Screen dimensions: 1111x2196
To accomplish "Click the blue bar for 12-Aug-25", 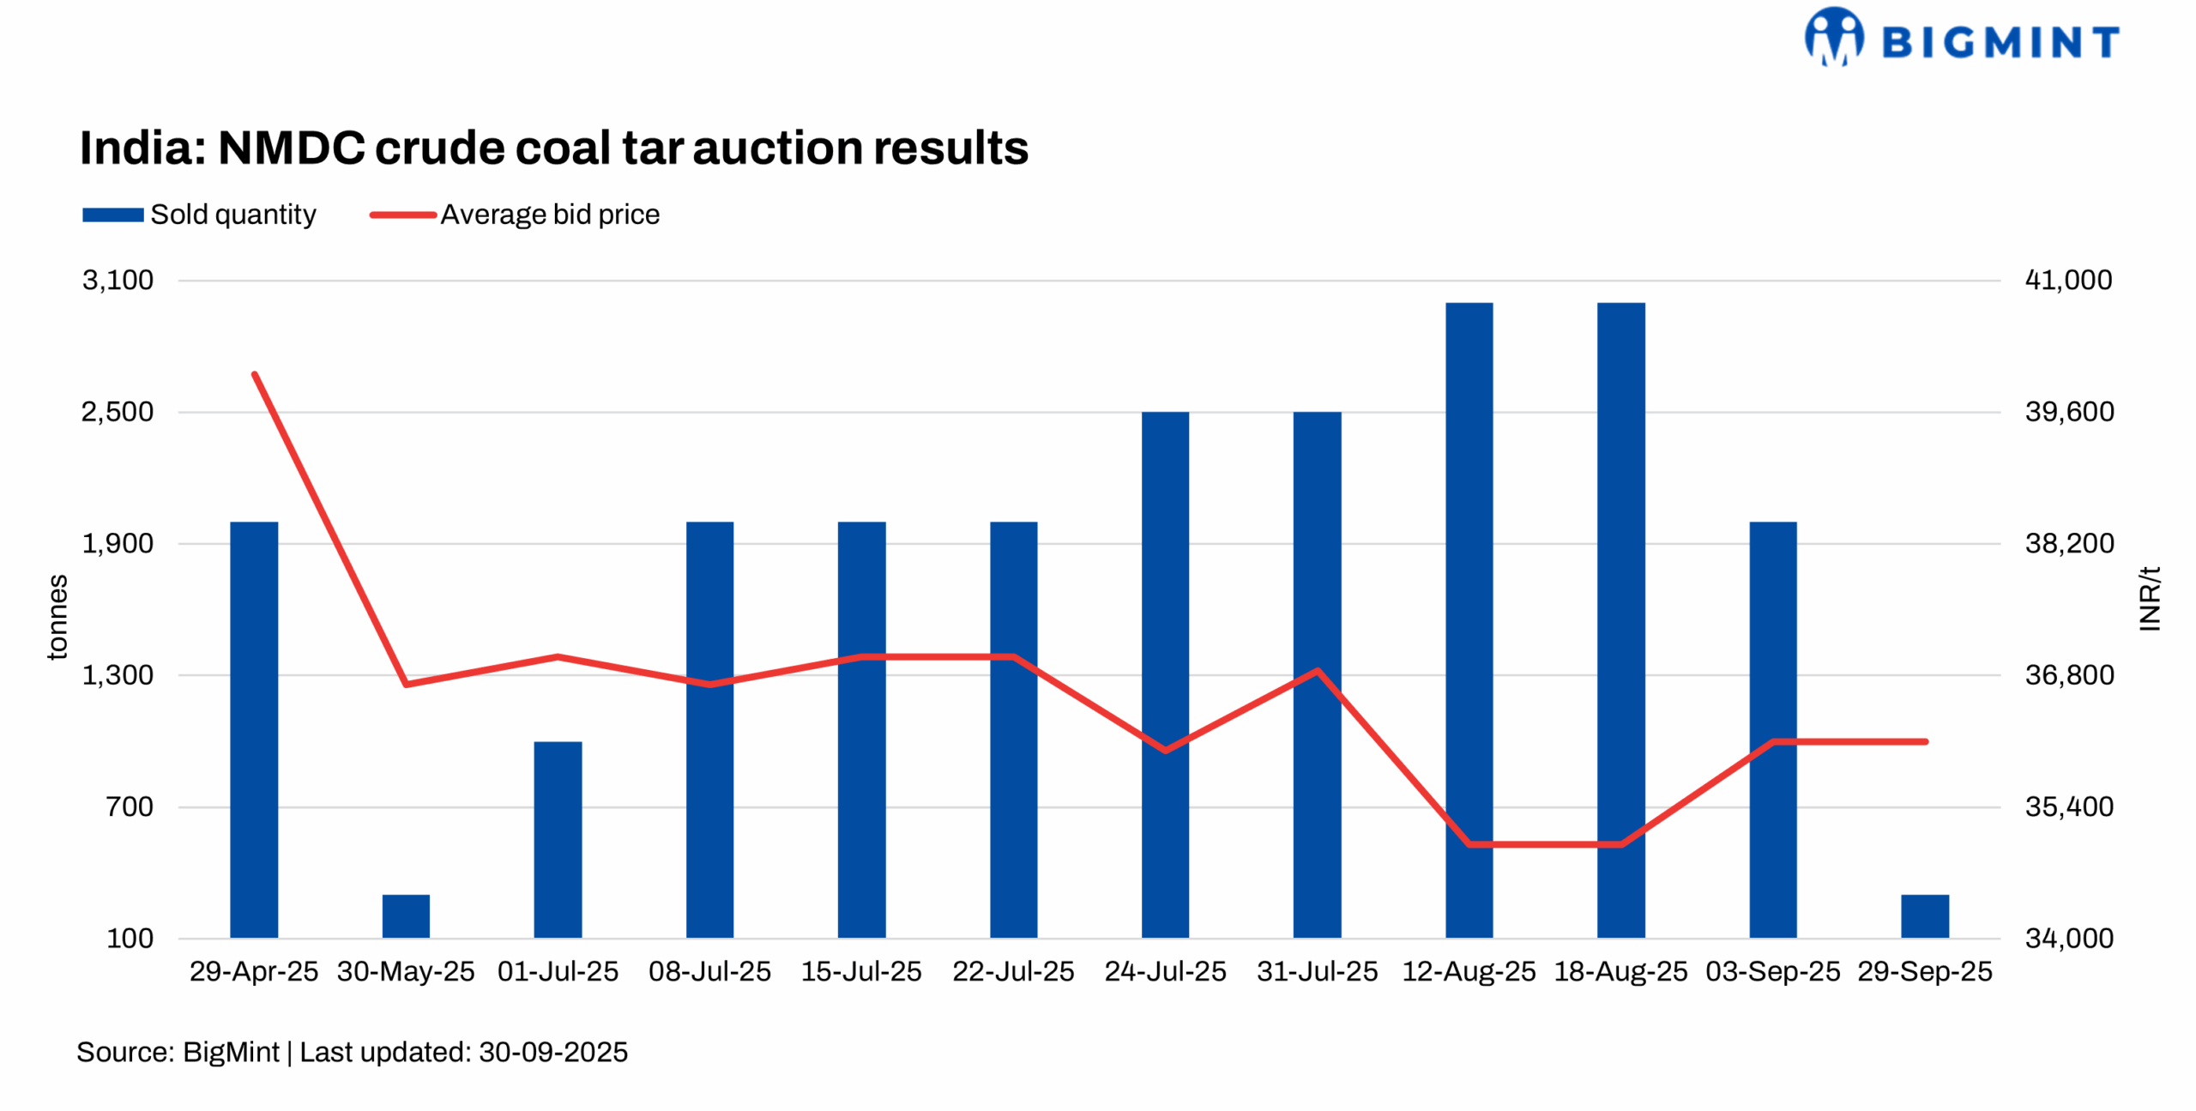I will click(1469, 618).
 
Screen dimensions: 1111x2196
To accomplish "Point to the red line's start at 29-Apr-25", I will click(255, 375).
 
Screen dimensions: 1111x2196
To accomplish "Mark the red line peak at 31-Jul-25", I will click(1317, 670).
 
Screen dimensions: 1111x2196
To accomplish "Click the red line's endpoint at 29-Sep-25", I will click(1926, 740).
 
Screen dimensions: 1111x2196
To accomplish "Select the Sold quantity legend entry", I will click(199, 214).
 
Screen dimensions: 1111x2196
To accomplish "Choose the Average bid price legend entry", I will click(515, 214).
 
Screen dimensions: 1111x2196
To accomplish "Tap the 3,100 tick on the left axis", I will click(118, 280).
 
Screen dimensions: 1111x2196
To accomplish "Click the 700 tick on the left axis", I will click(130, 806).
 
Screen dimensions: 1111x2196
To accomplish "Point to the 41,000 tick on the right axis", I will click(2068, 280).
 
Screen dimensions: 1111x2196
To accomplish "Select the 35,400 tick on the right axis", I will click(2068, 806).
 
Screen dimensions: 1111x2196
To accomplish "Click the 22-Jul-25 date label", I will click(1013, 970).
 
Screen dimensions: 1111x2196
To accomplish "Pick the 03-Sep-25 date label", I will click(1772, 970).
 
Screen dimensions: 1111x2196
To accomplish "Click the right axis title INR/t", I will click(2149, 598).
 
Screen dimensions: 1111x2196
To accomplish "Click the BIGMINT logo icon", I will click(1833, 37).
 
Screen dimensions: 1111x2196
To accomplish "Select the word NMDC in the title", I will click(292, 148).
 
